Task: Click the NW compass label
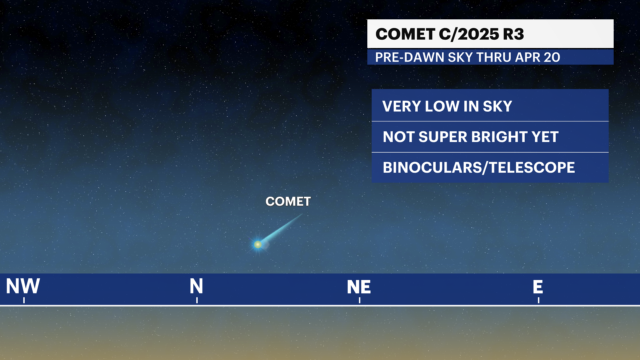pyautogui.click(x=23, y=286)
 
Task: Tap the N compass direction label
pyautogui.click(x=196, y=286)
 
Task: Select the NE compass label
pyautogui.click(x=359, y=287)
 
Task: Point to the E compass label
pyautogui.click(x=538, y=287)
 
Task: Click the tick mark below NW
pyautogui.click(x=24, y=300)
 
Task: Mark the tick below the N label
pyautogui.click(x=197, y=300)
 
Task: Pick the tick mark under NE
pyautogui.click(x=360, y=300)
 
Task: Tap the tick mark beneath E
pyautogui.click(x=539, y=300)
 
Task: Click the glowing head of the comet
pyautogui.click(x=258, y=245)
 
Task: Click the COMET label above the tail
pyautogui.click(x=288, y=201)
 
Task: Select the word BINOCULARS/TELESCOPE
pyautogui.click(x=479, y=167)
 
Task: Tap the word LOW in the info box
pyautogui.click(x=442, y=106)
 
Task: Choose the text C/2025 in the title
pyautogui.click(x=469, y=34)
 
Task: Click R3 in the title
pyautogui.click(x=513, y=34)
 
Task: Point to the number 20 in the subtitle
pyautogui.click(x=551, y=57)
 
